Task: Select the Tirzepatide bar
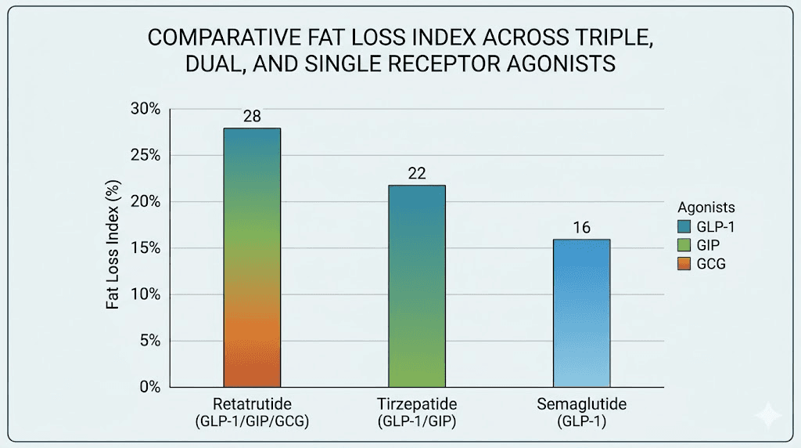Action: pos(417,286)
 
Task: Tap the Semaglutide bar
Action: pos(581,313)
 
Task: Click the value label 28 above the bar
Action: pos(252,117)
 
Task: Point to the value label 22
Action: pos(417,173)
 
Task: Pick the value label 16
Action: pos(581,228)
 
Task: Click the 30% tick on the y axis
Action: pos(145,109)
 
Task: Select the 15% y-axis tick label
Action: pos(145,248)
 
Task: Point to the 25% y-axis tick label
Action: pos(145,155)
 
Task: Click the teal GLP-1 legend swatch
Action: pos(686,226)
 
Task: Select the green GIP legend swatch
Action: pos(686,245)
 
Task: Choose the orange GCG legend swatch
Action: pos(686,264)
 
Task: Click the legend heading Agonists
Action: pos(706,208)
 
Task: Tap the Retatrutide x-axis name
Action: pos(252,405)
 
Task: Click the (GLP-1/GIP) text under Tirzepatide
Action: pos(417,421)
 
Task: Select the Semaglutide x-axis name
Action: pos(581,405)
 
